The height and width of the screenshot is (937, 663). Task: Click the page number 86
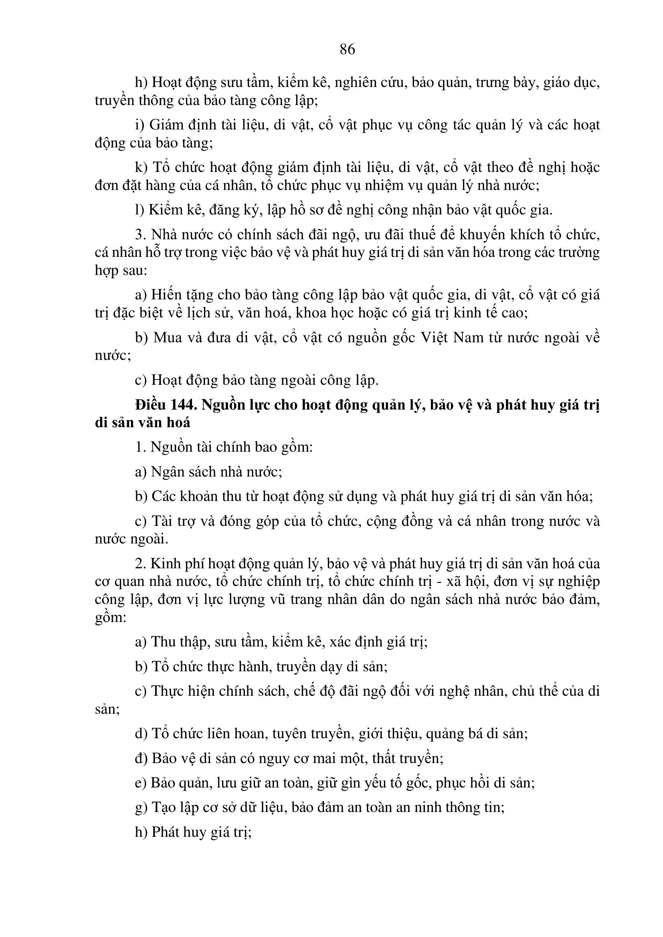pos(347,49)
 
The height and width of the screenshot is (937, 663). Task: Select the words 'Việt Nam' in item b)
pos(452,337)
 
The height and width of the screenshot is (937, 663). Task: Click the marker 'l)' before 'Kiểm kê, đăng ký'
pos(139,210)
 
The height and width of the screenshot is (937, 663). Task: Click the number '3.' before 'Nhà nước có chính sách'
pos(140,235)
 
